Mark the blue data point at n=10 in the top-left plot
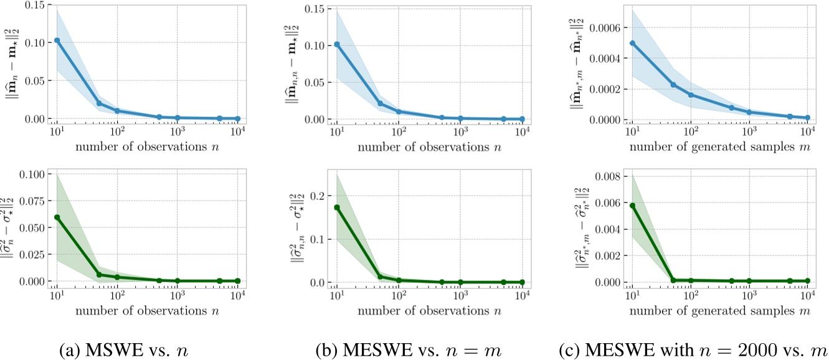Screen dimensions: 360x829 57,40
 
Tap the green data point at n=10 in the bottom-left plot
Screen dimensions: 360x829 57,217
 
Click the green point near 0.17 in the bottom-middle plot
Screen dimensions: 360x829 337,207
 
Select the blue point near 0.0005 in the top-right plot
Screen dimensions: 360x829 633,43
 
